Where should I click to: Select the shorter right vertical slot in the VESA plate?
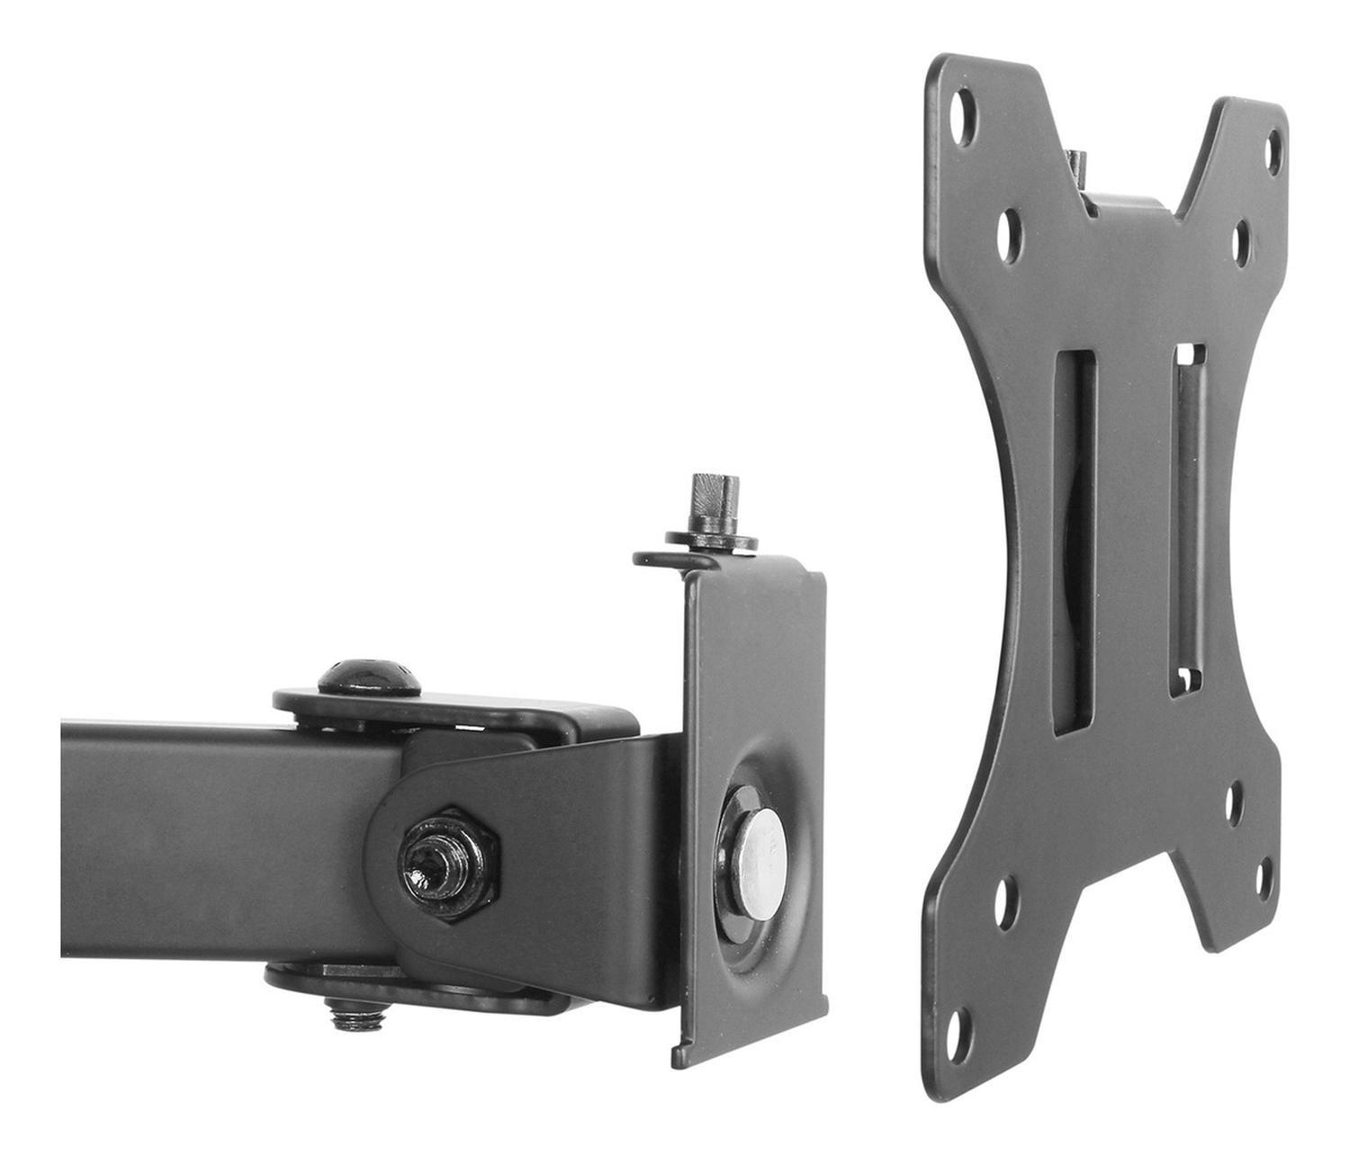[x=1188, y=521]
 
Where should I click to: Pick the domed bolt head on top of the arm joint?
[x=372, y=676]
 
